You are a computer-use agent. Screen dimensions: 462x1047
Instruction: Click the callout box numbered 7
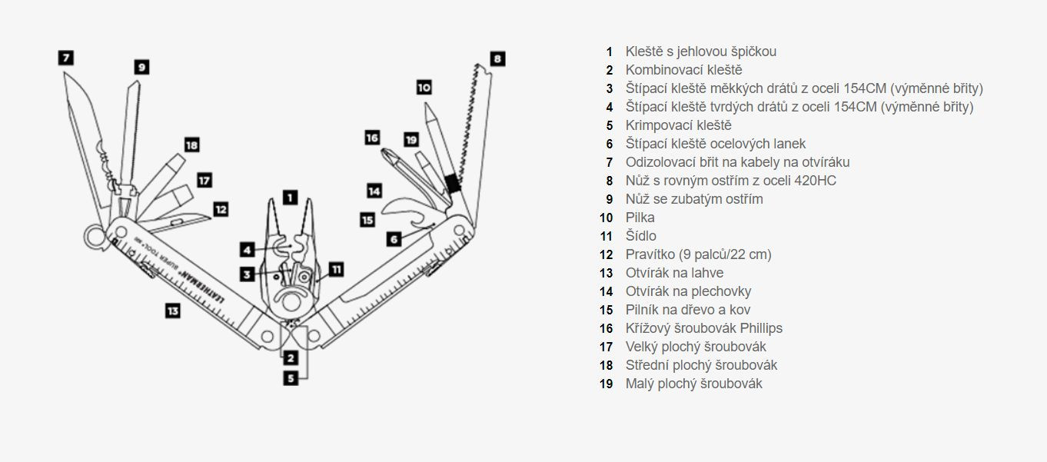[x=66, y=58]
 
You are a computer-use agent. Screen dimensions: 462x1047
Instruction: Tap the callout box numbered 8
[x=497, y=58]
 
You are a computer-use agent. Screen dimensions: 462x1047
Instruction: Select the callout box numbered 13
[x=173, y=311]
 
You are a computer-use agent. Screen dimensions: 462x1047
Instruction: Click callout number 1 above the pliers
[x=290, y=198]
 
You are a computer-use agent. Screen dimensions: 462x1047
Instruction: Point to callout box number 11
[x=336, y=269]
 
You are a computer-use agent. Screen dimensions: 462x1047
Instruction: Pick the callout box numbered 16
[x=373, y=138]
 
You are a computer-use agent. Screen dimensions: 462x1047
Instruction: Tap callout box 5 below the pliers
[x=291, y=377]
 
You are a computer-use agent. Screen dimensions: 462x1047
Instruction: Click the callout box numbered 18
[x=192, y=145]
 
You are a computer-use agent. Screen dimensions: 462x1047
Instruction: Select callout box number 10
[x=424, y=88]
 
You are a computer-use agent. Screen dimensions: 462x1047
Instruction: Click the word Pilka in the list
[x=640, y=218]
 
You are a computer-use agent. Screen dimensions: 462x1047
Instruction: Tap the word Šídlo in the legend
[x=640, y=236]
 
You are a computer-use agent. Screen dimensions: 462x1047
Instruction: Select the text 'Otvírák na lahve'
[x=674, y=273]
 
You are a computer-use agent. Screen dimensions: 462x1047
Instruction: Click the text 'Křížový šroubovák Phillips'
[x=703, y=328]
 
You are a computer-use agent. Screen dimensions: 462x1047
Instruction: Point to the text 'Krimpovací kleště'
[x=678, y=125]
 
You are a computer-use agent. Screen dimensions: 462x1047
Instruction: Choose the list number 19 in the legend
[x=607, y=384]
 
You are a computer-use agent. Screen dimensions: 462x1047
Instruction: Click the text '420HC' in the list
[x=816, y=181]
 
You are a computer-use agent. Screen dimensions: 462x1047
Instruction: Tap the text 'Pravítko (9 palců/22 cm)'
[x=698, y=254]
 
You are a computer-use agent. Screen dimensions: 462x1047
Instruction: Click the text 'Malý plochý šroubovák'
[x=693, y=384]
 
